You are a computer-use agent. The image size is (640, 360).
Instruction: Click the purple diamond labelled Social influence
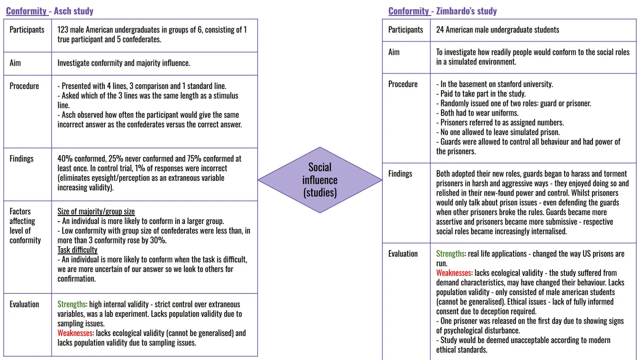(x=320, y=180)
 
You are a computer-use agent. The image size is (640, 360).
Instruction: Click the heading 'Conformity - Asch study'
(x=50, y=11)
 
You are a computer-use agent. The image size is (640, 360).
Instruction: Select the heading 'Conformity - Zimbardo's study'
(x=442, y=11)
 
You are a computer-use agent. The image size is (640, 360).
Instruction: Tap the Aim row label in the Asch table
(x=15, y=63)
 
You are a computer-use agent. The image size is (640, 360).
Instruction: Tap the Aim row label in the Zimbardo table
(x=394, y=52)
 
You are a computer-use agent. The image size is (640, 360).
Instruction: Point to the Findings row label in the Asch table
(x=21, y=159)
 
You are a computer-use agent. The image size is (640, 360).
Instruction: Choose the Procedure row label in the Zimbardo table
(x=403, y=84)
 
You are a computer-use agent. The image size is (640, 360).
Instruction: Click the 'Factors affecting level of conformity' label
(x=25, y=226)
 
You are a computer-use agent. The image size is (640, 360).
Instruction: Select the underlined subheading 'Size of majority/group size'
(x=96, y=211)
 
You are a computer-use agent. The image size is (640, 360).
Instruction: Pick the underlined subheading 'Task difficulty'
(x=77, y=250)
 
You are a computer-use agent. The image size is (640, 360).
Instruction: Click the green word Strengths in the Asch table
(x=71, y=304)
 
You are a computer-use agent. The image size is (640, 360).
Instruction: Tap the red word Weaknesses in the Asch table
(x=75, y=333)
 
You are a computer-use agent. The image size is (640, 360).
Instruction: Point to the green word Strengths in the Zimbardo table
(x=450, y=254)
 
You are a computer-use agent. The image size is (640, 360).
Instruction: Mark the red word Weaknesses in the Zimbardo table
(x=453, y=273)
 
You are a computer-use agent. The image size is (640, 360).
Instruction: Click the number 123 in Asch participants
(x=63, y=30)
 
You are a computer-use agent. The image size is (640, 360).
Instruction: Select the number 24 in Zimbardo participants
(x=440, y=30)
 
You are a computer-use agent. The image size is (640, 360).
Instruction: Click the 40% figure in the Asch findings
(x=65, y=159)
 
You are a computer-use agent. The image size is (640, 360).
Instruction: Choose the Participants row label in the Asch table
(x=27, y=30)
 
